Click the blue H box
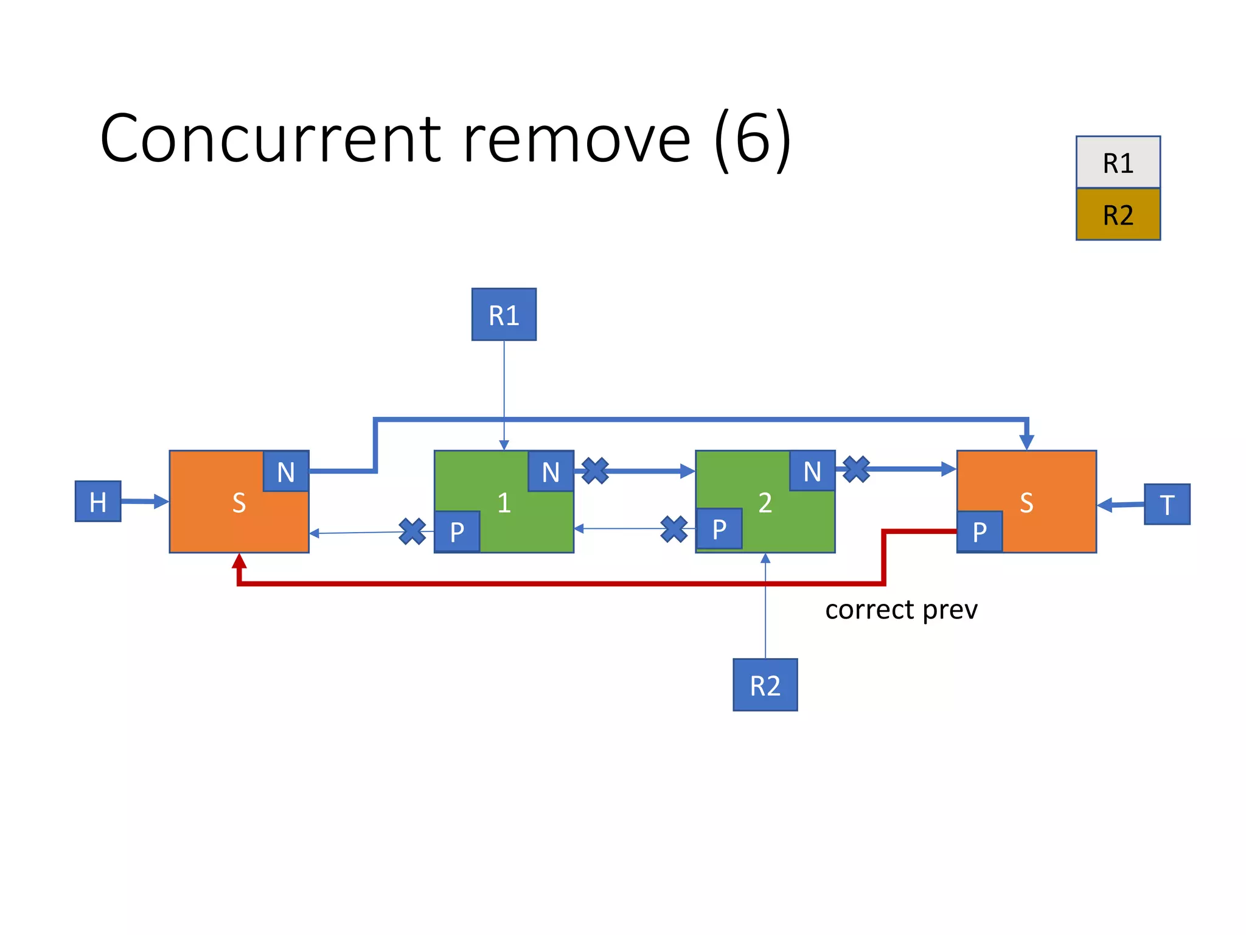98,501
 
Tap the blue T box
1166,504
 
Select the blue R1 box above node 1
504,315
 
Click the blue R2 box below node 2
765,685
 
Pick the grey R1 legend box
1118,163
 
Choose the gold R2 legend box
1118,214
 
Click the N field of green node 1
551,471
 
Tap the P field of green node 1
457,531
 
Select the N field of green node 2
812,471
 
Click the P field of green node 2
719,528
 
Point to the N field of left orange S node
286,471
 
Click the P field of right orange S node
980,531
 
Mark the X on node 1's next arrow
595,471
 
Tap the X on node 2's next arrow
856,469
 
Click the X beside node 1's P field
412,531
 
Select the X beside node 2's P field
674,528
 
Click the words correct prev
901,609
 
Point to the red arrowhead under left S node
239,561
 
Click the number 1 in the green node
504,503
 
